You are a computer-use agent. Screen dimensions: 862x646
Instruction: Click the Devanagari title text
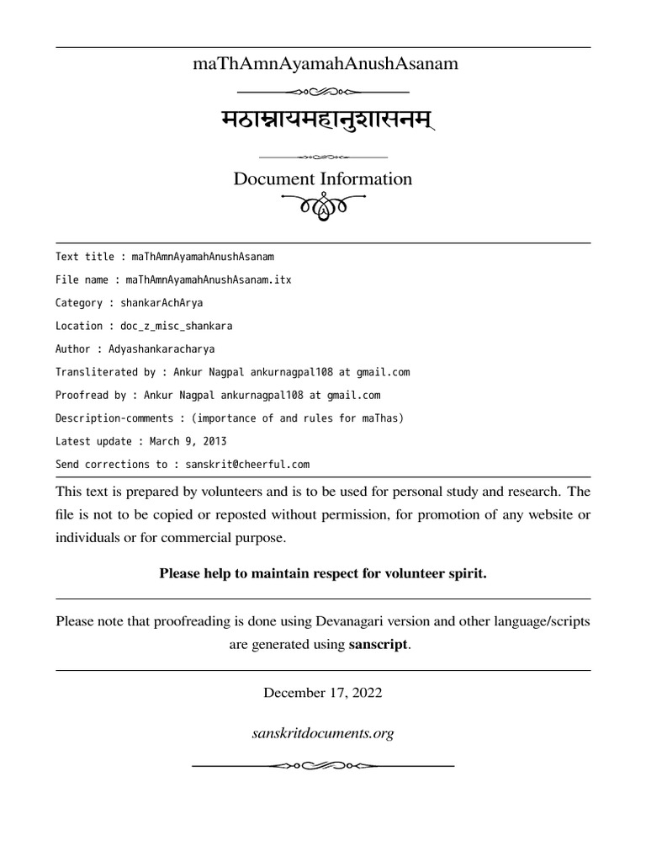[323, 123]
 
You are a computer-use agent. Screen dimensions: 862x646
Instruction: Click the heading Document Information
[323, 179]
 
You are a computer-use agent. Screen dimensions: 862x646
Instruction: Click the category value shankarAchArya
[161, 303]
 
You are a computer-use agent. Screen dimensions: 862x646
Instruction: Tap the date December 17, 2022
[323, 693]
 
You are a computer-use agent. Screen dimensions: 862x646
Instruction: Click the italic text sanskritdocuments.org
[323, 734]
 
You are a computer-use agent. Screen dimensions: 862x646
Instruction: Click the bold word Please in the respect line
[180, 574]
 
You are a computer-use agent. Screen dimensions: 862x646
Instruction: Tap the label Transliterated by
[104, 372]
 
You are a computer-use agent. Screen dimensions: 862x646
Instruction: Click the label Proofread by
[91, 395]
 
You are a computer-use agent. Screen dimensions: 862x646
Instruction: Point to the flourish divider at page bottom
[323, 765]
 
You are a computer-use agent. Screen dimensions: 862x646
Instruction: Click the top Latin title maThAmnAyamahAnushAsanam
[323, 64]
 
